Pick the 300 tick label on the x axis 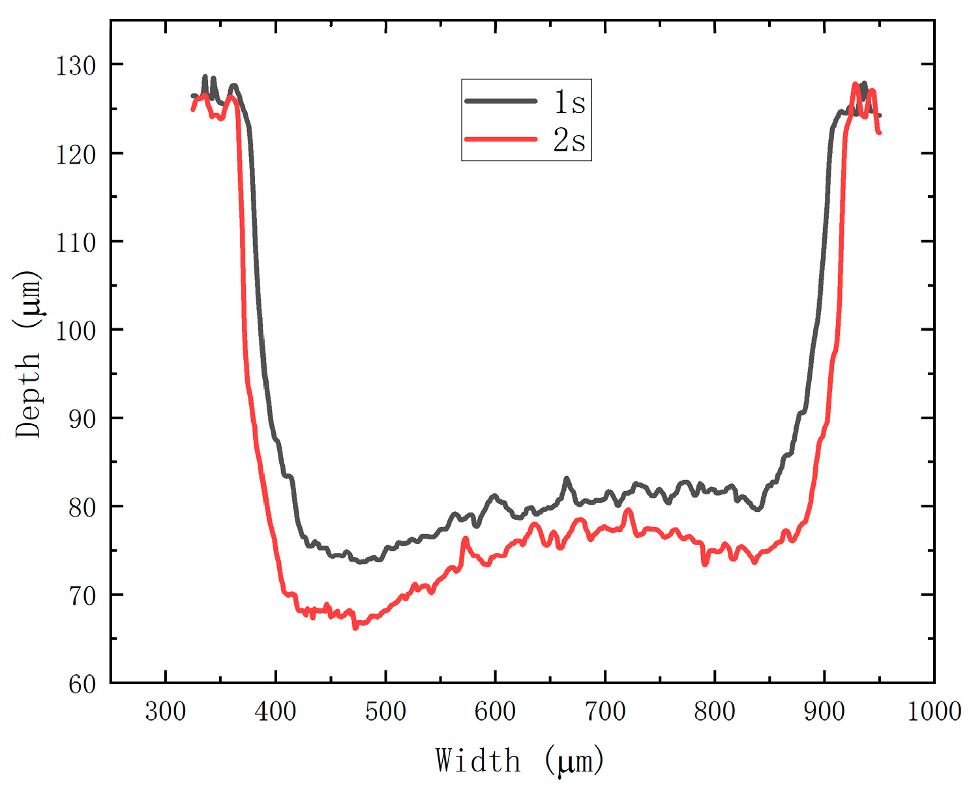[x=166, y=711]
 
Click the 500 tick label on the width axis [x=385, y=711]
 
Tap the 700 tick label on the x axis [x=605, y=711]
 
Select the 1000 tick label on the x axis [x=934, y=711]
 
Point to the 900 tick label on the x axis [x=824, y=711]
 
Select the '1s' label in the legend [x=569, y=102]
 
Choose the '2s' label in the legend [x=569, y=140]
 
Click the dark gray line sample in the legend [x=501, y=101]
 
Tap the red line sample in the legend [x=501, y=139]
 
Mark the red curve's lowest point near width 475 [x=355, y=627]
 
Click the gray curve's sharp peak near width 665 [x=566, y=479]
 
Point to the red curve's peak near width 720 [x=628, y=510]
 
